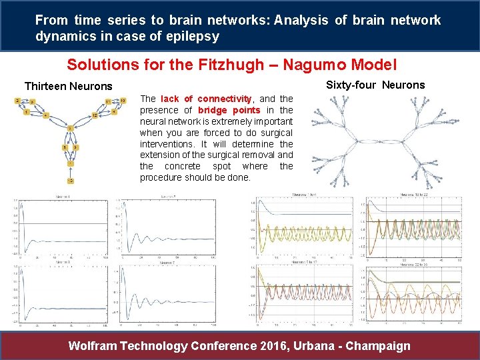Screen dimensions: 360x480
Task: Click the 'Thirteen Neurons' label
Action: point(69,86)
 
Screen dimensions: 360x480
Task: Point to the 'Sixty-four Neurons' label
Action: point(375,85)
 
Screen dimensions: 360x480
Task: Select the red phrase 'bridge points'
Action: point(229,109)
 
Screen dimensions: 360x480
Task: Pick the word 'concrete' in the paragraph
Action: point(189,166)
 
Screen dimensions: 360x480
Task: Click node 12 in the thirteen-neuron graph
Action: point(95,115)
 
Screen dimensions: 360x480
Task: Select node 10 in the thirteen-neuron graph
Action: point(123,101)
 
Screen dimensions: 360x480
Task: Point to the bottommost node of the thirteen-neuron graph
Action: point(70,181)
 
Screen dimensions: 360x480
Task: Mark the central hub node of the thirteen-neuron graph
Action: point(70,127)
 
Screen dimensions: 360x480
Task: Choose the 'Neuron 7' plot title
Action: point(167,263)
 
